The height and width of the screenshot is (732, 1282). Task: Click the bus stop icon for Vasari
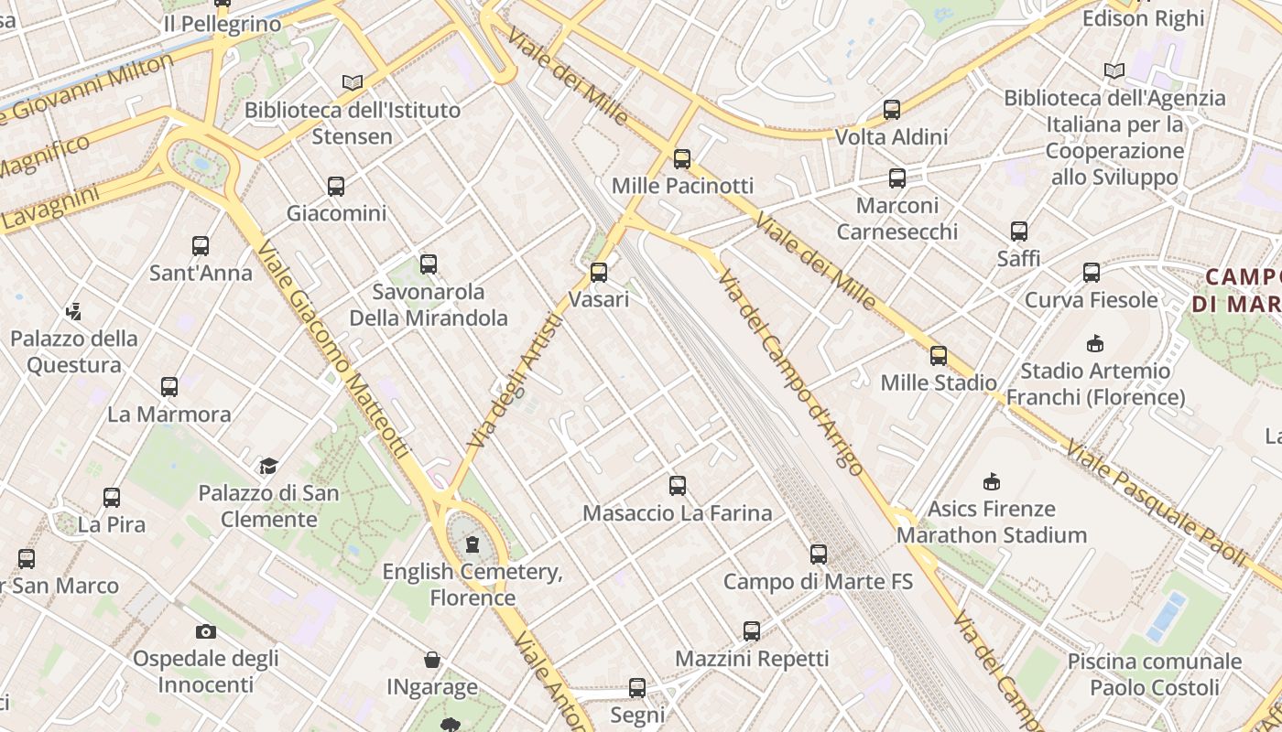[599, 272]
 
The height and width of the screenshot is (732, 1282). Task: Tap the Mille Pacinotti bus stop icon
[682, 158]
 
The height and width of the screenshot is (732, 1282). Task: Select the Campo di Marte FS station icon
[819, 554]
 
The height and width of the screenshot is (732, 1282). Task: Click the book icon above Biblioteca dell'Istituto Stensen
[353, 82]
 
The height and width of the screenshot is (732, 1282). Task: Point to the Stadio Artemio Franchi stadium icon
[1095, 343]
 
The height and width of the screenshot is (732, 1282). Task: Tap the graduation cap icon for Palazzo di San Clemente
[268, 466]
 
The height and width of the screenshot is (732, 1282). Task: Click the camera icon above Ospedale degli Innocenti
[206, 631]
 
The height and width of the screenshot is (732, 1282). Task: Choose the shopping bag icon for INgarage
[432, 660]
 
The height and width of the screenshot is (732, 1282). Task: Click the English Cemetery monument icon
[473, 544]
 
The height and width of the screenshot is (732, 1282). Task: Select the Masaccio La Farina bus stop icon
[678, 486]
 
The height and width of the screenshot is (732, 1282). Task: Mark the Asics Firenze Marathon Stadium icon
[992, 481]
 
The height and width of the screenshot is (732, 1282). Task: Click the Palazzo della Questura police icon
[74, 311]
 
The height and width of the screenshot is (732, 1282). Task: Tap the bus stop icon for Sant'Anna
[201, 245]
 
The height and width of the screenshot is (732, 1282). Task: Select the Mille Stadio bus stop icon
[939, 355]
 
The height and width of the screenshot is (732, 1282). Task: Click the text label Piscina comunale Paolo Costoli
[1155, 673]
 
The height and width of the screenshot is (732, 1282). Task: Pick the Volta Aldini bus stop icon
[892, 110]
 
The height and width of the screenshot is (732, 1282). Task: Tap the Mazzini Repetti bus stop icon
[752, 630]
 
